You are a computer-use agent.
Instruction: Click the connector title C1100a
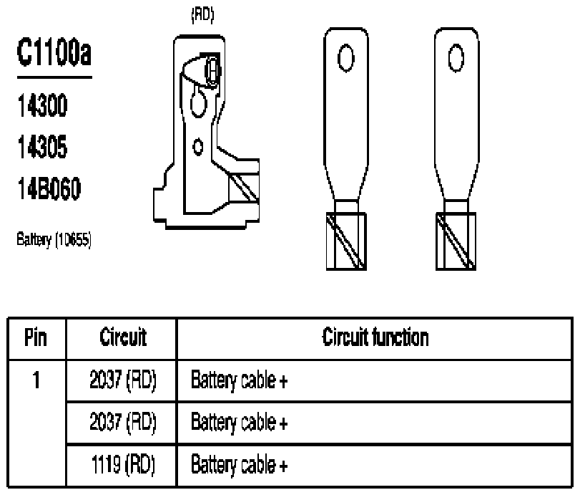pos(54,52)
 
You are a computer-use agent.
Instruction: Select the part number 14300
pos(42,105)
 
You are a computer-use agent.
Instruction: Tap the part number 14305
pos(42,147)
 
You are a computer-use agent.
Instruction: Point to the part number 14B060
pos(49,188)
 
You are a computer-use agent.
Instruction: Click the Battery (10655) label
pos(54,240)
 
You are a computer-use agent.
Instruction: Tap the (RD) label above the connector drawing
pos(202,15)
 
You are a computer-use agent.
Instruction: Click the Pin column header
pos(36,337)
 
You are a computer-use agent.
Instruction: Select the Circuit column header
pos(123,337)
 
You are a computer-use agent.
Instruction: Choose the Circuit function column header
pos(375,337)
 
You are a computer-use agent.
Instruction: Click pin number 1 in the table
pos(36,380)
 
